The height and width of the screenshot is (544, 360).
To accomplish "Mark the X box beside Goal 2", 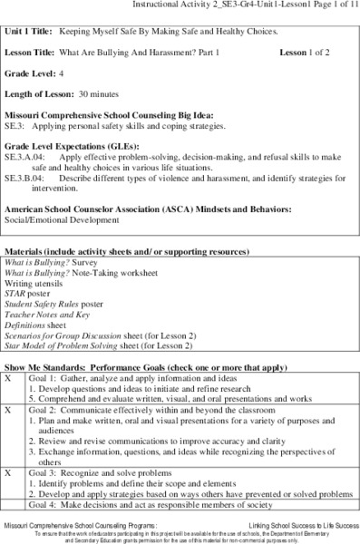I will (x=8, y=410).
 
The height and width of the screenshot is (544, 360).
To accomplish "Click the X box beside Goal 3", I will (x=8, y=473).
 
